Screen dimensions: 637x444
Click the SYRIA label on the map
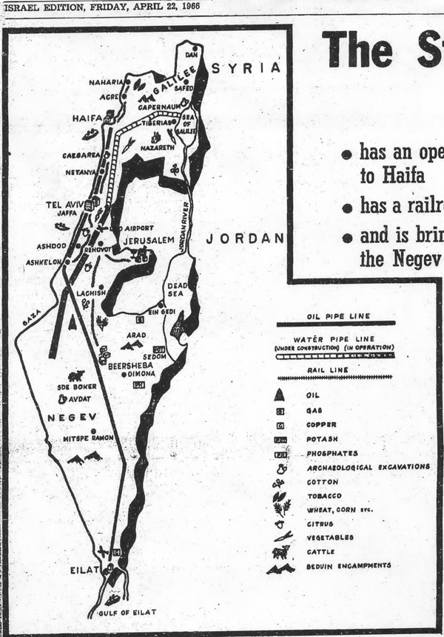(x=246, y=68)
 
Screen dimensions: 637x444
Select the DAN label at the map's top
(x=192, y=55)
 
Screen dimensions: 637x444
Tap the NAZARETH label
(x=155, y=147)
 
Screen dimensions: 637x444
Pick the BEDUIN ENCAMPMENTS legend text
(x=349, y=566)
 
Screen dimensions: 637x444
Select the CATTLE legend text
(x=320, y=551)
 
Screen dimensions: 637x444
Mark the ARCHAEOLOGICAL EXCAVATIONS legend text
(x=367, y=467)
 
